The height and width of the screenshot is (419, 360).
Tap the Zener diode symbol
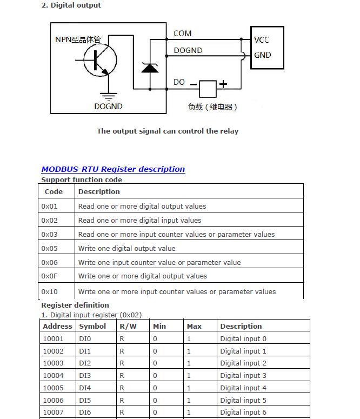150,68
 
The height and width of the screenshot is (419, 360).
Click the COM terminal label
182,34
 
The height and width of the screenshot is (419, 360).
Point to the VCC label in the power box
262,40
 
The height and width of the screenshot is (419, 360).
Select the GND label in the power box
262,55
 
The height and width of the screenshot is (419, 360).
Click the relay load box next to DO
208,88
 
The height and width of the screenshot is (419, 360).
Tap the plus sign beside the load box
223,84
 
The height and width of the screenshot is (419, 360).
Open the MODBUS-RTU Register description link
113,169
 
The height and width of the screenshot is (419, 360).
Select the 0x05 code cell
49,248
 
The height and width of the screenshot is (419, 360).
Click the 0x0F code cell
49,276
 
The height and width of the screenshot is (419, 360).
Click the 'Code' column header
54,191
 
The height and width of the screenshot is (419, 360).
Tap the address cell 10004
53,375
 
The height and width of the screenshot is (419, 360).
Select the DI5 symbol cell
85,400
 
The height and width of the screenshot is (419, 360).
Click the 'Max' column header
194,326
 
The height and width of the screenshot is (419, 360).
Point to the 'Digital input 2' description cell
243,363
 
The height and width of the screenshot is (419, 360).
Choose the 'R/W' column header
128,326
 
